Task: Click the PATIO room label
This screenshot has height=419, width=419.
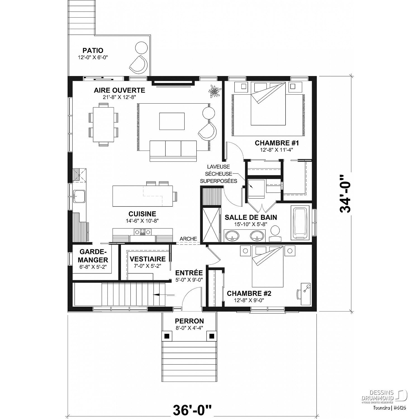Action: (x=93, y=51)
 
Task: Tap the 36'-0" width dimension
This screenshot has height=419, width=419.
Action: (x=192, y=410)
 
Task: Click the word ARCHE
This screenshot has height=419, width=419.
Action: (x=188, y=239)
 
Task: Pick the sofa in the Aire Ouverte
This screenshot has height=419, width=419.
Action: (x=173, y=151)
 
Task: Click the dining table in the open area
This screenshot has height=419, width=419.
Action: (x=104, y=124)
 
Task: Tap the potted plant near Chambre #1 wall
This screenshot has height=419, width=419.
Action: (x=215, y=91)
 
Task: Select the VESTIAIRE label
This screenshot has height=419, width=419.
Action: (x=147, y=259)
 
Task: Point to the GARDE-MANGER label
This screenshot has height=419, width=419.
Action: (x=93, y=256)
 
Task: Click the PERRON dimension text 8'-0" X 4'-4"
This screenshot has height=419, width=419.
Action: (x=189, y=328)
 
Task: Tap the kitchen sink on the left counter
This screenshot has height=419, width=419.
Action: (x=79, y=196)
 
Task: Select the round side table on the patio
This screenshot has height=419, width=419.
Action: (x=141, y=47)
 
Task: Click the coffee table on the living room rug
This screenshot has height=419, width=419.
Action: (x=172, y=121)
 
